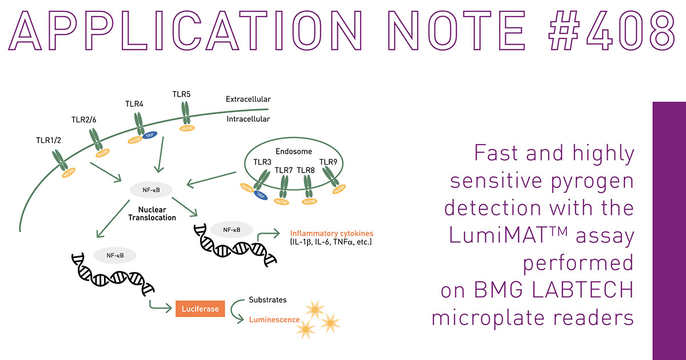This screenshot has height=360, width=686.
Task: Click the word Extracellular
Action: click(x=248, y=99)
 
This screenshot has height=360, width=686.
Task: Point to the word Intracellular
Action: click(x=248, y=119)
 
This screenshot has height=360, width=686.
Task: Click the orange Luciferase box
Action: click(x=200, y=309)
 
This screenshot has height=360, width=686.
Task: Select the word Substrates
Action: click(x=268, y=300)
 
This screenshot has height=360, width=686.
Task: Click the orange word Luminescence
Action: click(x=274, y=319)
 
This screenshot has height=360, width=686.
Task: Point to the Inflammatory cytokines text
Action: click(x=332, y=233)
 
